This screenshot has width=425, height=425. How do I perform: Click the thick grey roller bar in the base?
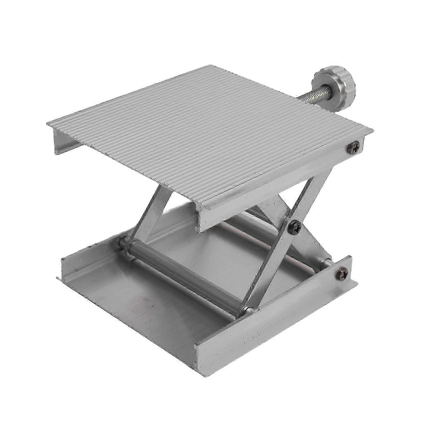click(185, 275)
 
